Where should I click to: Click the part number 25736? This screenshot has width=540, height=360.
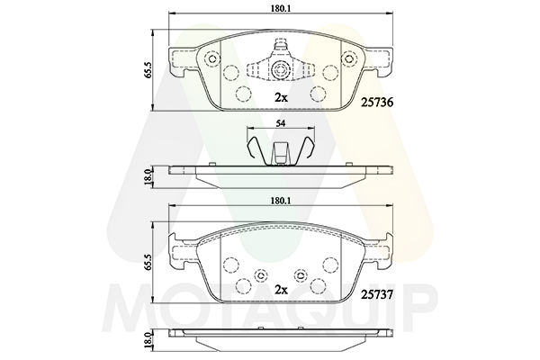click(377, 103)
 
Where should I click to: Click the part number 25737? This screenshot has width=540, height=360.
click(377, 294)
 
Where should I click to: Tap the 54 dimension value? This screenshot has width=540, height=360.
click(281, 124)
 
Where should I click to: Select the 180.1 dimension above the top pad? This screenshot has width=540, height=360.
click(281, 9)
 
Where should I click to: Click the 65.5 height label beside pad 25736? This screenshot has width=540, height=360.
click(148, 70)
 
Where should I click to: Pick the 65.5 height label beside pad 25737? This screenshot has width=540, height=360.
click(148, 263)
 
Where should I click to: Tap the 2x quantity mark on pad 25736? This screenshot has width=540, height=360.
click(281, 98)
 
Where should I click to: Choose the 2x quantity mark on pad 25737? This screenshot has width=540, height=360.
click(281, 291)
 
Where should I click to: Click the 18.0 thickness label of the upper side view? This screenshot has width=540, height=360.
click(148, 177)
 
